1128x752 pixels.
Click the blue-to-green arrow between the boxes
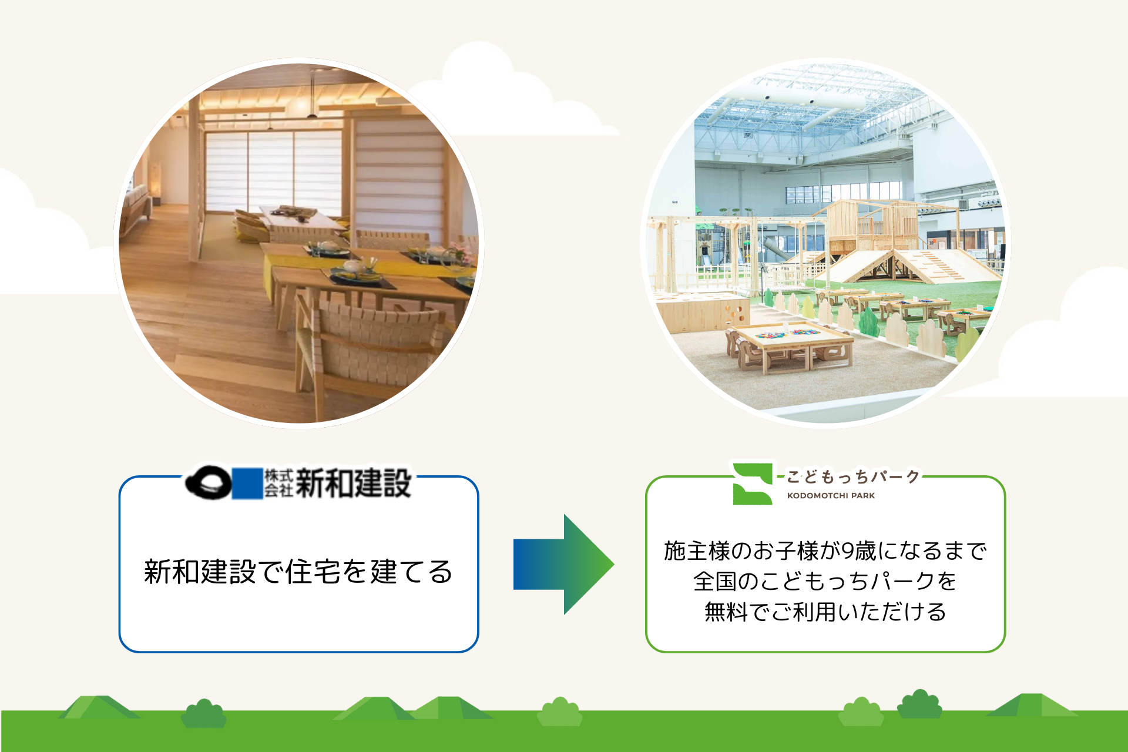[563, 565]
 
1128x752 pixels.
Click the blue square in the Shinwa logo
[247, 484]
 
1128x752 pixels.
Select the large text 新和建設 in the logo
[353, 484]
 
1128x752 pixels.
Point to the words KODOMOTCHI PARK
[831, 496]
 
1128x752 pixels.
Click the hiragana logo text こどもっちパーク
[852, 476]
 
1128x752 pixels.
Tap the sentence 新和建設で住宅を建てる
[298, 572]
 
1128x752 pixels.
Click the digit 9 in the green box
[848, 551]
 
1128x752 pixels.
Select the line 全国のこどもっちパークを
[825, 582]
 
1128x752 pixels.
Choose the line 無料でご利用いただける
[825, 612]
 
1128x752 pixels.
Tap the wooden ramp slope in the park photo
[928, 267]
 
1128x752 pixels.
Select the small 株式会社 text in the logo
[278, 484]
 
